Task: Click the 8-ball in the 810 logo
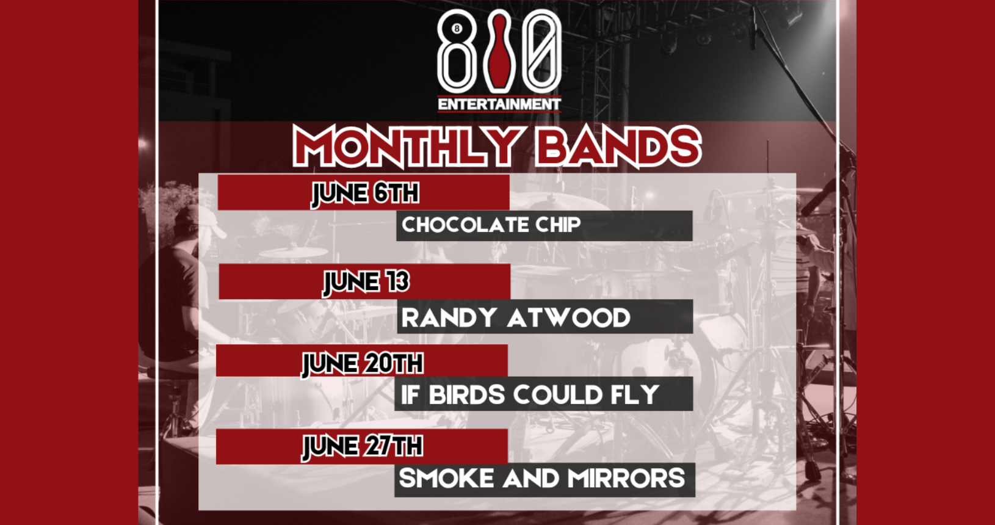click(456, 29)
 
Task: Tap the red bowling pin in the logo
click(499, 51)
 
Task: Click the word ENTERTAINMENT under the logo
click(499, 104)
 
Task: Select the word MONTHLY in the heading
click(407, 146)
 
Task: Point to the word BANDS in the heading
click(618, 147)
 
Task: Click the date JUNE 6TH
click(365, 193)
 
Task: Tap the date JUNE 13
click(366, 282)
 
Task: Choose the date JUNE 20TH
click(363, 364)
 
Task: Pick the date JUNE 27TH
click(363, 446)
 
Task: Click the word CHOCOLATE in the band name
click(465, 225)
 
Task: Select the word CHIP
click(558, 225)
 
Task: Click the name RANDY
click(449, 317)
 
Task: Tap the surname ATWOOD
click(568, 317)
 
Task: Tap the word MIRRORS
click(626, 479)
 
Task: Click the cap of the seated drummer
click(198, 219)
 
